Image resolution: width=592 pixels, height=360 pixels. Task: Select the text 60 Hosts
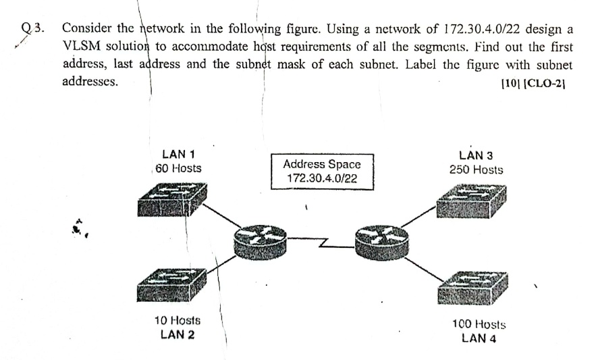pos(178,168)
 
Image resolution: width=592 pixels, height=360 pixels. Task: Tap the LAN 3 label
pos(475,155)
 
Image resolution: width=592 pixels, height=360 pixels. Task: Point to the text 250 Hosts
pos(476,170)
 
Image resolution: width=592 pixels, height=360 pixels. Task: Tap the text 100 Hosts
pos(479,325)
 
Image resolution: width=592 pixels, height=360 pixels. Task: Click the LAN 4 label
pos(479,338)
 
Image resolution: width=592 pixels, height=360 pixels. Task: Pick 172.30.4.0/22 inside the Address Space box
pos(322,179)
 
